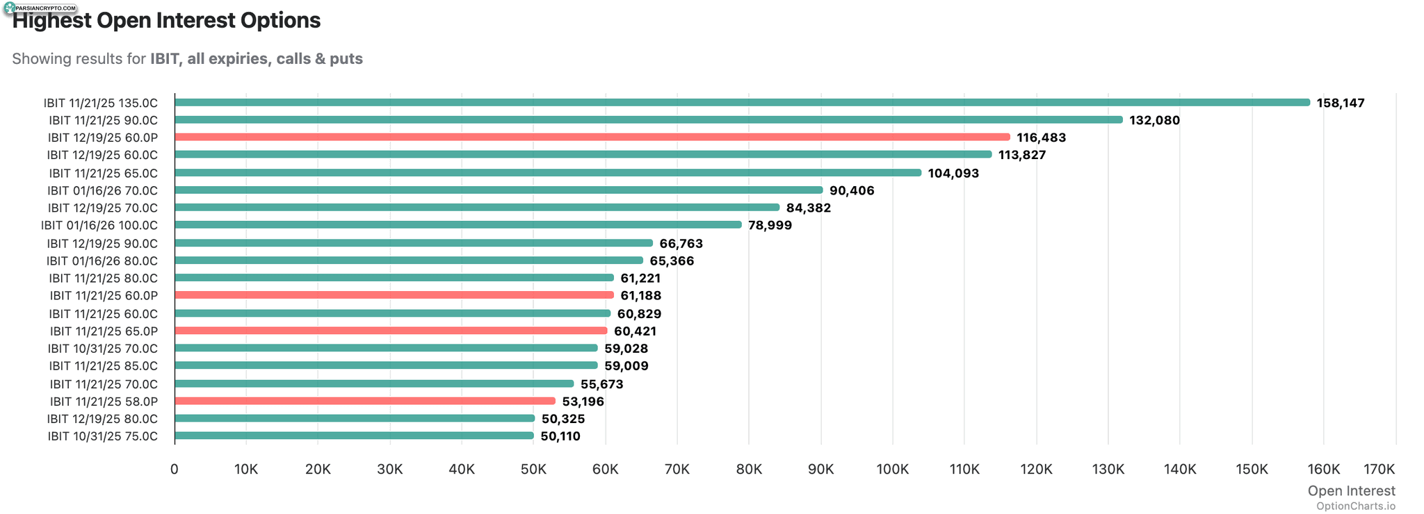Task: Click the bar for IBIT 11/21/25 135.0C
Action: click(x=742, y=103)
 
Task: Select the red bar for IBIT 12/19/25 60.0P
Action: click(x=592, y=138)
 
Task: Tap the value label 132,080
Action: click(x=1154, y=120)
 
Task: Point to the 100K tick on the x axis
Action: click(x=893, y=469)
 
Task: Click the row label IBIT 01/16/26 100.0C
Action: click(x=99, y=225)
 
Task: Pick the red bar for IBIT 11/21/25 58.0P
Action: click(x=365, y=401)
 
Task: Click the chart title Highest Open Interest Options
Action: click(x=166, y=20)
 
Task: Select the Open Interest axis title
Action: click(x=1351, y=490)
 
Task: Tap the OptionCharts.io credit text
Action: click(x=1355, y=506)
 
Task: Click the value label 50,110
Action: click(x=560, y=436)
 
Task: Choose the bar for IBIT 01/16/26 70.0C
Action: click(x=499, y=190)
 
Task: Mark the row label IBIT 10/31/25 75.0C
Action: click(x=103, y=436)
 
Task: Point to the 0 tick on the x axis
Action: click(x=175, y=469)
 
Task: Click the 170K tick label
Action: click(x=1380, y=469)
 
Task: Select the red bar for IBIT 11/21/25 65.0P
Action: click(x=391, y=331)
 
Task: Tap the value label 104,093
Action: click(x=953, y=173)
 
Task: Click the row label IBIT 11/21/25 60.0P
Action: click(x=104, y=296)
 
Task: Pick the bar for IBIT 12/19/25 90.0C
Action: click(x=414, y=243)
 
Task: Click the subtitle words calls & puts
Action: click(x=319, y=58)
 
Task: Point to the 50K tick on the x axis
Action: click(x=533, y=469)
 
